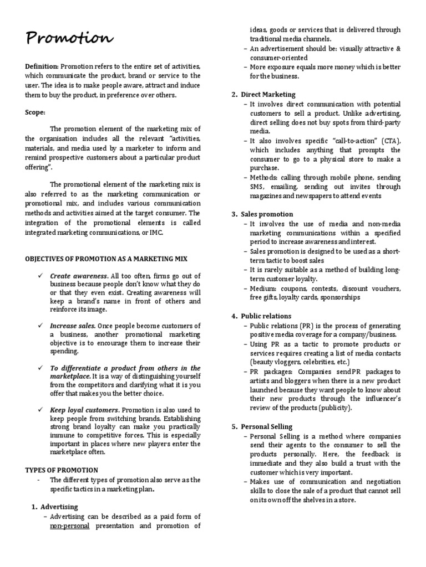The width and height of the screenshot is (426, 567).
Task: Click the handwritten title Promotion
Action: pyautogui.click(x=69, y=39)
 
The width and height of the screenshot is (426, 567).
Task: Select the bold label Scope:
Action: pyautogui.click(x=35, y=112)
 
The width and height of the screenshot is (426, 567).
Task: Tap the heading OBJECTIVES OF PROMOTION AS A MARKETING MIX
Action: pyautogui.click(x=106, y=259)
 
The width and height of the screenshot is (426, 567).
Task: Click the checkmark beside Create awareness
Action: pyautogui.click(x=40, y=276)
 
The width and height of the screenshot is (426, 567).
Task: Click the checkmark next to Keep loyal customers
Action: pyautogui.click(x=40, y=410)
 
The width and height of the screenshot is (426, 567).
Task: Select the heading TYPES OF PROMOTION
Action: pyautogui.click(x=62, y=470)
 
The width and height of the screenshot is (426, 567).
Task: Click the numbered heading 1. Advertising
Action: pyautogui.click(x=54, y=507)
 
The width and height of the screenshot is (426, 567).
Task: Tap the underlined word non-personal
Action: pyautogui.click(x=69, y=526)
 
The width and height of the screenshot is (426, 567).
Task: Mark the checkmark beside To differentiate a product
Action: pyautogui.click(x=40, y=368)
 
